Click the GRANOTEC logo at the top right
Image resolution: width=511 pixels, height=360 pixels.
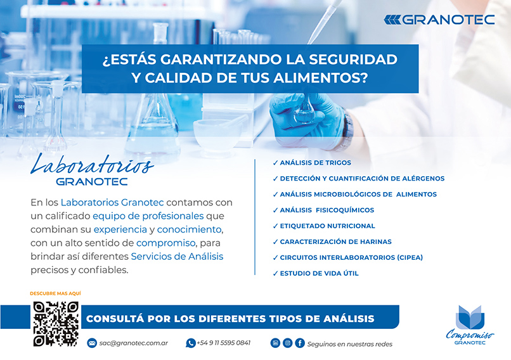[x=439, y=20]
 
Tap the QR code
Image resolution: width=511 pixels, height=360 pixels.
[x=56, y=324]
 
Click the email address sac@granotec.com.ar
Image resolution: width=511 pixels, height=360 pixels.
[x=134, y=343]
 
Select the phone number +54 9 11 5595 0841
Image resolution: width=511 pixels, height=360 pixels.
[x=224, y=343]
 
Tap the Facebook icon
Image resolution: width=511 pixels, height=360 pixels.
[x=300, y=343]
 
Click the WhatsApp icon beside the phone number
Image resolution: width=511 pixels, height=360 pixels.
[x=190, y=343]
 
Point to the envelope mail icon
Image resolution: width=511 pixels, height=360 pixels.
[x=92, y=343]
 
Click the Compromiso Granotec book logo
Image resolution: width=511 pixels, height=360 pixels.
[x=470, y=325]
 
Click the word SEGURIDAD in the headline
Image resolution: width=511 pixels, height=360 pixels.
[x=353, y=60]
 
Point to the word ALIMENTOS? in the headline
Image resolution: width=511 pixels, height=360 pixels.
[x=320, y=78]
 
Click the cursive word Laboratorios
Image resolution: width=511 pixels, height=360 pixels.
[x=92, y=164]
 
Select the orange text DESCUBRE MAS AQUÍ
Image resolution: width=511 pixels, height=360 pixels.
[x=55, y=293]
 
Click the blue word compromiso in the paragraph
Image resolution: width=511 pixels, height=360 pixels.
[x=166, y=243]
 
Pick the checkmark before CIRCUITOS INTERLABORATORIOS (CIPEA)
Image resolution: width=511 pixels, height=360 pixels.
[x=275, y=257]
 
